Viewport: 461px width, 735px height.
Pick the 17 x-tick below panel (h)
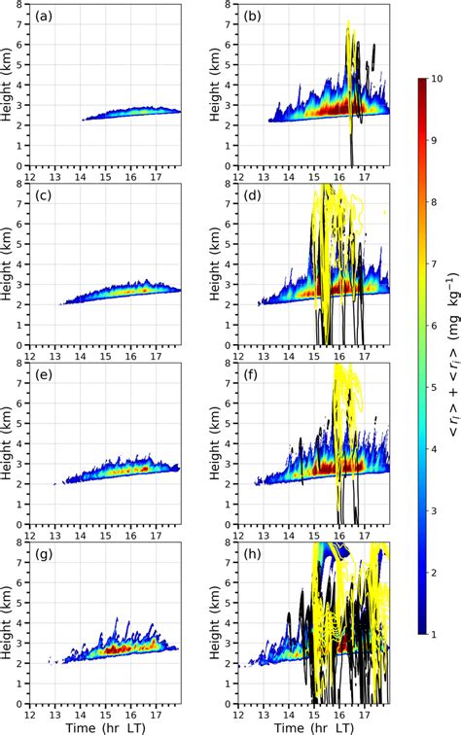[x=362, y=712]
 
